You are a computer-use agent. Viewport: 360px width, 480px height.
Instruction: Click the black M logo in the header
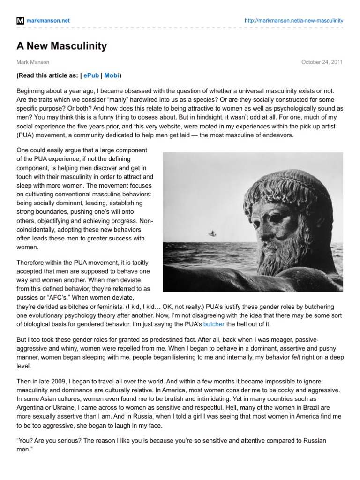[x=20, y=21]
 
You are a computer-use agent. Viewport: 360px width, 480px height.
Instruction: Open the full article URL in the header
[x=294, y=21]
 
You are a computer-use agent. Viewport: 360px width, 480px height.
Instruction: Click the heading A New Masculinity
[x=61, y=46]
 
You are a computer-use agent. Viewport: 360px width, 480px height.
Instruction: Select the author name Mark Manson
[x=33, y=62]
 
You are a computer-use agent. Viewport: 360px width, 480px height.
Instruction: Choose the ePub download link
[x=91, y=75]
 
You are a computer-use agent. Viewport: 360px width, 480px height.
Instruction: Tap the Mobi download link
[x=112, y=75]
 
